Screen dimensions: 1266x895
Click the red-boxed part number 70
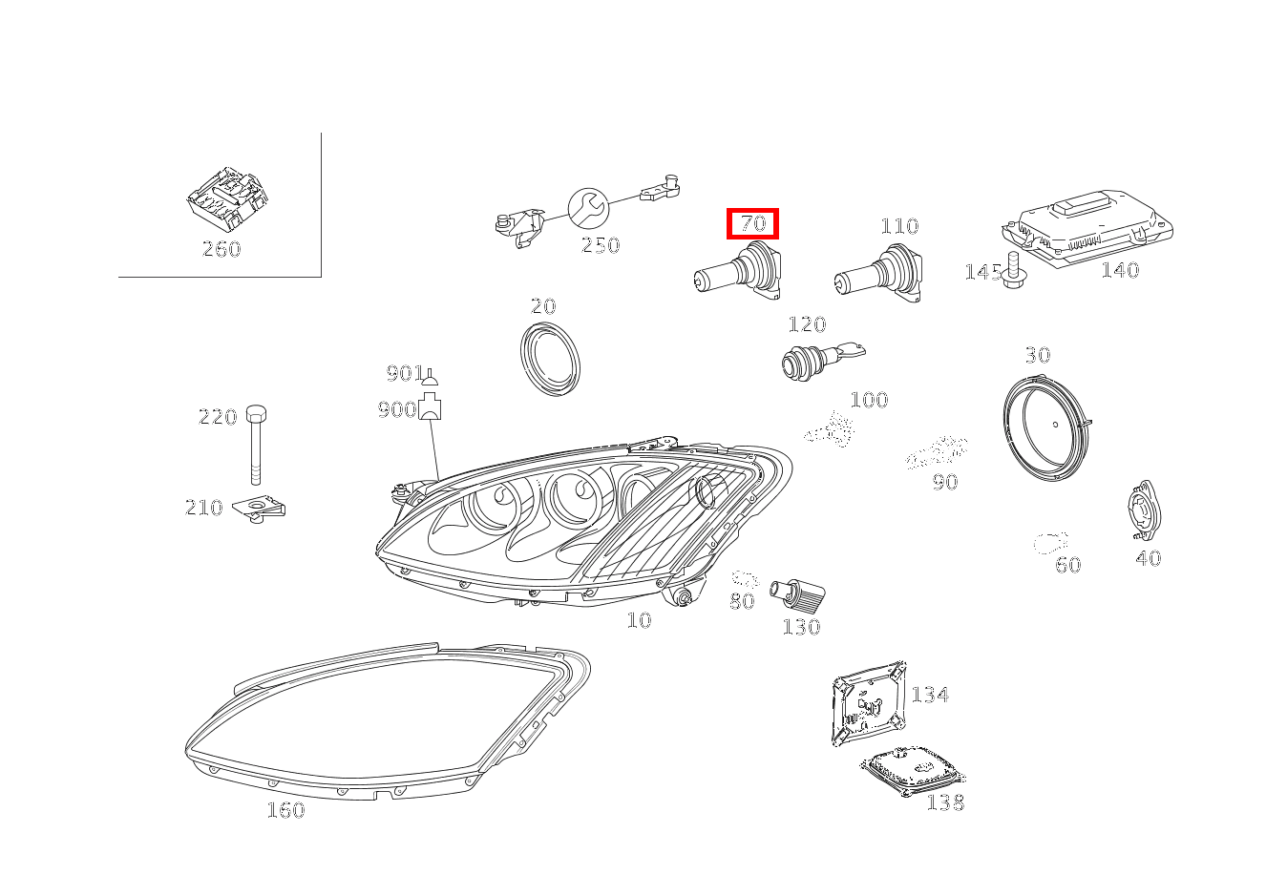click(x=752, y=223)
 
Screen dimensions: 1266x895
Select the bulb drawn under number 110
click(x=878, y=274)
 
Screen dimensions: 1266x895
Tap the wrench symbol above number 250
click(x=588, y=208)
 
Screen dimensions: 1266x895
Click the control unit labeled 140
click(x=1087, y=226)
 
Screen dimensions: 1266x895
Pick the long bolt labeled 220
click(x=256, y=445)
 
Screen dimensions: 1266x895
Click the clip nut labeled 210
click(x=259, y=509)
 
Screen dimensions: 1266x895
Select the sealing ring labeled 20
click(x=551, y=359)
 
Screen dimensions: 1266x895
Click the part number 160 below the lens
click(x=286, y=810)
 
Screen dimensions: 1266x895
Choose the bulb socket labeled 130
click(x=798, y=595)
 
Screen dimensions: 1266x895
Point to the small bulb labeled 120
click(x=823, y=361)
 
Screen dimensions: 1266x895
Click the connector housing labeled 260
click(x=227, y=198)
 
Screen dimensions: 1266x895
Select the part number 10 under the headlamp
click(x=640, y=620)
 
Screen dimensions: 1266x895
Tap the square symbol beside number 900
click(x=430, y=406)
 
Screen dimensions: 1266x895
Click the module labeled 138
click(x=912, y=771)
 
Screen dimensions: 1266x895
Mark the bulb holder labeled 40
click(x=1144, y=510)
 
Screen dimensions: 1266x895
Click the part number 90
click(x=945, y=482)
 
